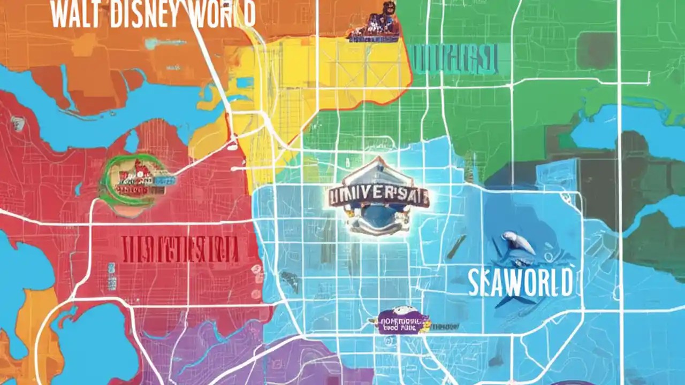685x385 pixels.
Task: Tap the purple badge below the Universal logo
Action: pos(402,322)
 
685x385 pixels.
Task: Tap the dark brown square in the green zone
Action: pos(597,51)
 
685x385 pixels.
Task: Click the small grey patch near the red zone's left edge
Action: pos(18,124)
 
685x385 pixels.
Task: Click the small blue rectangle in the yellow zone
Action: pos(245,82)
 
